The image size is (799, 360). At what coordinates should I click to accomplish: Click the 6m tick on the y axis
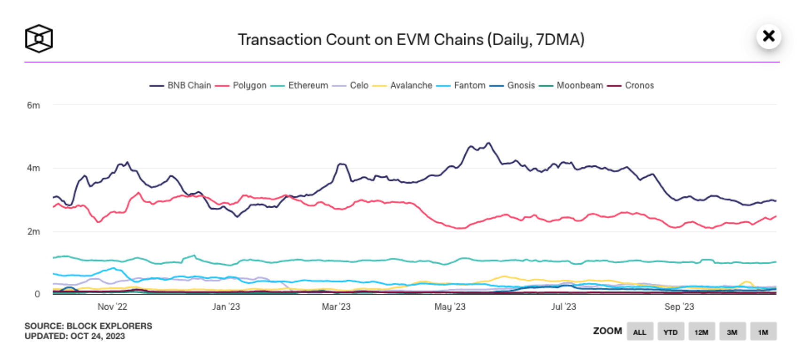pos(33,105)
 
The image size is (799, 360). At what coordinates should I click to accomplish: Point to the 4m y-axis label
pos(33,168)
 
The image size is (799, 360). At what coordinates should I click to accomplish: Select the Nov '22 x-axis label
pos(112,307)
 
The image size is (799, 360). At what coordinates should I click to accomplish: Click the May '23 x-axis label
pos(450,307)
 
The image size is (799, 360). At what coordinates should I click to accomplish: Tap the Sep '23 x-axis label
pos(679,307)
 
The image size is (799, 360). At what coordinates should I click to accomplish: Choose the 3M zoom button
pos(732,332)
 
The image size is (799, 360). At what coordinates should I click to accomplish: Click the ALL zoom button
pos(640,332)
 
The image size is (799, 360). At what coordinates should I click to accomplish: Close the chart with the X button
pos(769,36)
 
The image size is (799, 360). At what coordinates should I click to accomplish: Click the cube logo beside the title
pos(39,39)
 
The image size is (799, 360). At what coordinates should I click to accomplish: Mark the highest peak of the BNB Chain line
pos(489,143)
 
